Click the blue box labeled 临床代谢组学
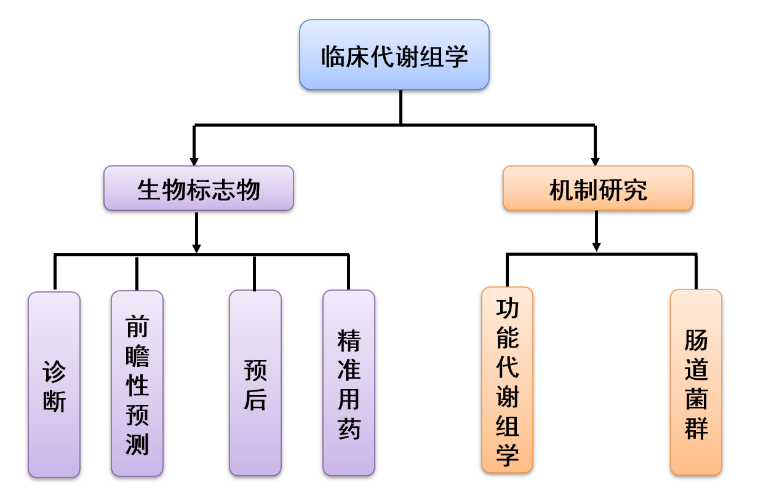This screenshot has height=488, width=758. (394, 55)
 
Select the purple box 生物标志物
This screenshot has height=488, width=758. (199, 188)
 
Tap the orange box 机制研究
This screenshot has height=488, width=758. (598, 188)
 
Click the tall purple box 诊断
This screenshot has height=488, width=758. (54, 385)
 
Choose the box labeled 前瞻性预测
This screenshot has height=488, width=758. (137, 384)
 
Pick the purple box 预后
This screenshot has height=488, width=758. (255, 383)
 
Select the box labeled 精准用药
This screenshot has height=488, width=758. (349, 383)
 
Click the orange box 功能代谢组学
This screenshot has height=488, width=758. (507, 380)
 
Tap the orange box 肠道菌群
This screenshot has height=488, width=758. (696, 382)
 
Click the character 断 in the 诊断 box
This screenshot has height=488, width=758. (54, 401)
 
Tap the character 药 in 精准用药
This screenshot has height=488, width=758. (349, 429)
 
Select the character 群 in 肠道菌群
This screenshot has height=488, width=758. (696, 428)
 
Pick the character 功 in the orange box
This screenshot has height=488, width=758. (507, 308)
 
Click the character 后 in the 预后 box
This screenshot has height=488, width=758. (255, 399)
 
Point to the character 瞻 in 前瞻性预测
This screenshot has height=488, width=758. (137, 356)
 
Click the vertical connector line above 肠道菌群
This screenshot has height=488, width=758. (696, 272)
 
